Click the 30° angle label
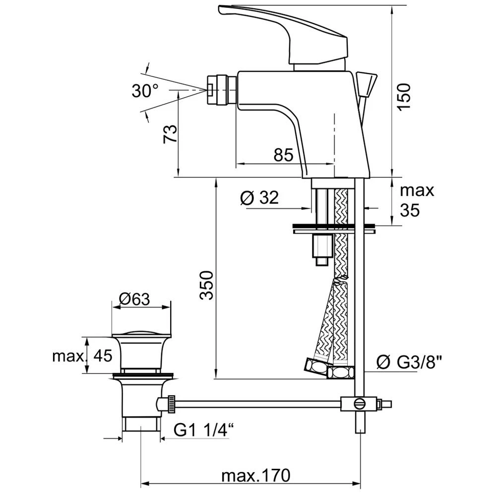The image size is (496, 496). coord(145,90)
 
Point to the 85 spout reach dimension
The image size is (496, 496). coord(283,155)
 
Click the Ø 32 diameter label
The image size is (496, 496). coord(259,198)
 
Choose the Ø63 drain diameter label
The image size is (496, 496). coord(134,299)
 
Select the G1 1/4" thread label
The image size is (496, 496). coord(203,431)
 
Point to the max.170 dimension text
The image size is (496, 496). coord(255,476)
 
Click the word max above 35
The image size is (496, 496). coord(417,190)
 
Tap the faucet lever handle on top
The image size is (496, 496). coord(283,30)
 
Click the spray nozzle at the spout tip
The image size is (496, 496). coord(218,89)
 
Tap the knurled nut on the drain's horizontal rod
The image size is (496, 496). coord(171,403)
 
